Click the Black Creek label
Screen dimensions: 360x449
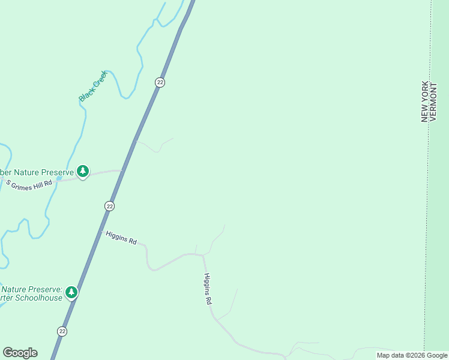[x=92, y=86]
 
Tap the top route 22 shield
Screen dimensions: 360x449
[x=160, y=82]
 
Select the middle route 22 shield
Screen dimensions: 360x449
[x=109, y=206]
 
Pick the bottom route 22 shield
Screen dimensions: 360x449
[x=62, y=331]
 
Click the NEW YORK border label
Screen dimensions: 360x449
[x=425, y=101]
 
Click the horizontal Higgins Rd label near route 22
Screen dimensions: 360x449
[x=121, y=238]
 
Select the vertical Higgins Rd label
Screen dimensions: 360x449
[x=208, y=289]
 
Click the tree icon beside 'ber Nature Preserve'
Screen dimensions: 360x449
[x=83, y=172]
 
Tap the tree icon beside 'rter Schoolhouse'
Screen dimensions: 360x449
[x=71, y=292]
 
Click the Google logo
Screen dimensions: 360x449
[x=20, y=353]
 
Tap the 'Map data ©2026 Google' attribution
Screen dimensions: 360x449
[x=412, y=355]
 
